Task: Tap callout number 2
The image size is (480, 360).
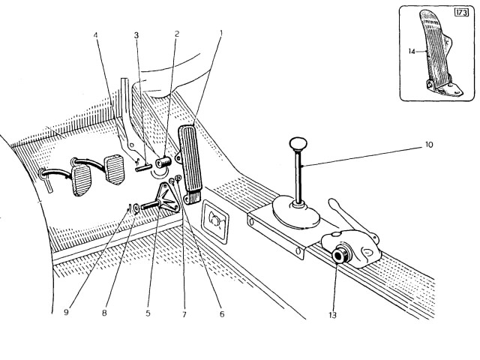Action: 177,35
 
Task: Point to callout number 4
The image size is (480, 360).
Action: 96,35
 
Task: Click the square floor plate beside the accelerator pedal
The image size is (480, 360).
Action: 217,223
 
